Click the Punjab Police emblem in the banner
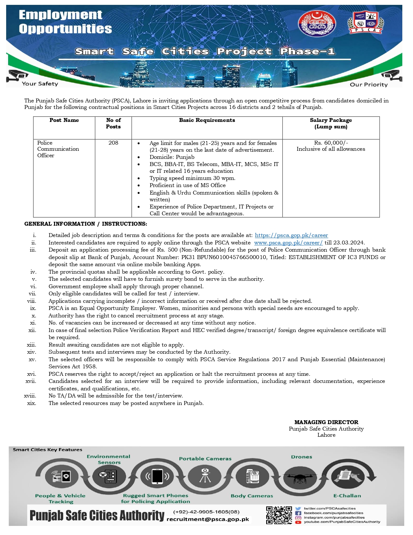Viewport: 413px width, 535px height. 316,23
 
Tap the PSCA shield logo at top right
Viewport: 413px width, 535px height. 365,22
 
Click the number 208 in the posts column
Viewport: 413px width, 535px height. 113,143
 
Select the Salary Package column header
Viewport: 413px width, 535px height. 331,123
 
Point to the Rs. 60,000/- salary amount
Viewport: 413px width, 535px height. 331,143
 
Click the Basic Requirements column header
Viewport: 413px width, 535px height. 207,120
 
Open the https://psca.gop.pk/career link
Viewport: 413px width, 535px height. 291,235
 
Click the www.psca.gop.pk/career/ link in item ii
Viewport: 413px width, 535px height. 288,243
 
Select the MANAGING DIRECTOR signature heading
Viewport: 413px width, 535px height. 326,422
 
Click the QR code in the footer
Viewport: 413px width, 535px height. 279,515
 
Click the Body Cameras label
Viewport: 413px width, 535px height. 252,496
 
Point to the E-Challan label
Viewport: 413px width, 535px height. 347,496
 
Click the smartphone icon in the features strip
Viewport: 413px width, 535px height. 157,477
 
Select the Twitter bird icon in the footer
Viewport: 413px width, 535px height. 298,509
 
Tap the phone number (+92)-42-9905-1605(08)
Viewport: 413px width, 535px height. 206,512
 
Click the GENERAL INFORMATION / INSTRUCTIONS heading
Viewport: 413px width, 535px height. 86,224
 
